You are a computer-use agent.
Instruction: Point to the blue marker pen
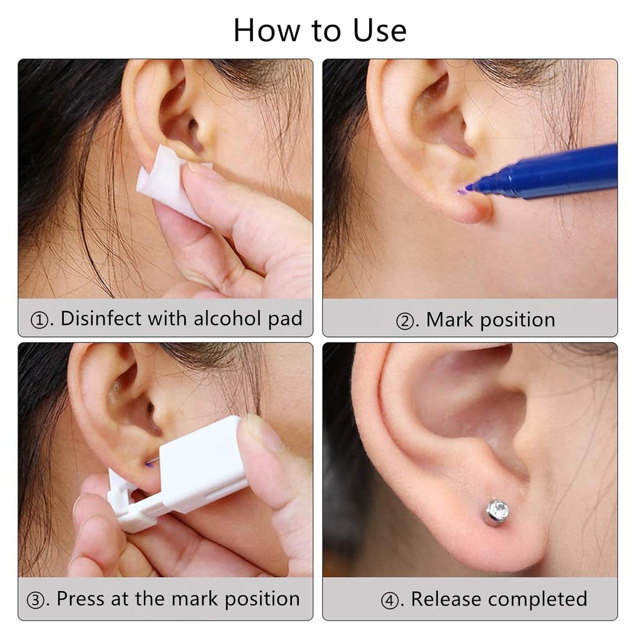point(554,171)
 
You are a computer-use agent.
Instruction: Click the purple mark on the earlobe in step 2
point(461,191)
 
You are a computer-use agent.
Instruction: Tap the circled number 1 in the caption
point(40,320)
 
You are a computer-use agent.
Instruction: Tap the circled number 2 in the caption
point(405,321)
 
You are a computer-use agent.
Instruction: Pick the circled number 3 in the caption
point(36,600)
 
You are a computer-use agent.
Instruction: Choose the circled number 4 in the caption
point(390,601)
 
